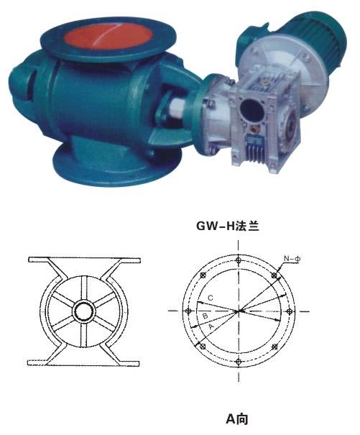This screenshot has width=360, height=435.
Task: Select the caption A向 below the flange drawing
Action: point(237,418)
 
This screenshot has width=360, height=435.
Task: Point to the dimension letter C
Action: point(209,297)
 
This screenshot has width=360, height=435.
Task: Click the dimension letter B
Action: point(204,315)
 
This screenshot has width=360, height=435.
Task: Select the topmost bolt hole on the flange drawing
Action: point(239,260)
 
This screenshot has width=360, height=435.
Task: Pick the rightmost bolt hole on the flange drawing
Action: point(290,311)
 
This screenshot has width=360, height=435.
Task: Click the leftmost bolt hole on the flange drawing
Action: point(188,311)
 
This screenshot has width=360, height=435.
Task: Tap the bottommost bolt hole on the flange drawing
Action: point(239,362)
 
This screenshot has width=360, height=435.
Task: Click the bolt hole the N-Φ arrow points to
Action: point(274,275)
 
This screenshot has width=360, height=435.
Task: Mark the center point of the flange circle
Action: point(239,311)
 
